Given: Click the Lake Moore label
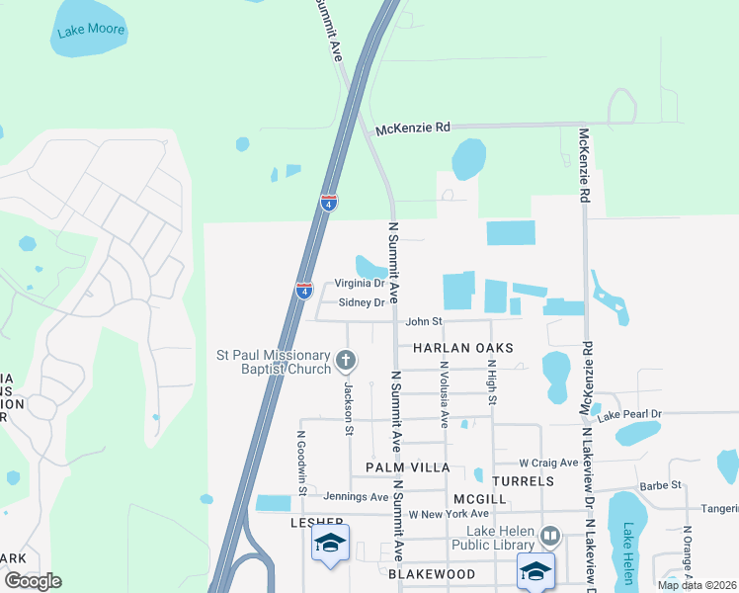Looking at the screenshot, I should (x=91, y=30).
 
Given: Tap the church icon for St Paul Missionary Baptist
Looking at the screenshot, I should (x=345, y=361).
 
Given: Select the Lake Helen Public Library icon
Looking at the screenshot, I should (x=550, y=538).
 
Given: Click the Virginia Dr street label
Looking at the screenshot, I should (x=358, y=284).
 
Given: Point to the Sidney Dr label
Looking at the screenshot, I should (x=361, y=303).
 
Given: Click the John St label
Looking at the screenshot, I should (x=423, y=321).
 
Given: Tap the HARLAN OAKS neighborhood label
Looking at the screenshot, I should (x=463, y=348).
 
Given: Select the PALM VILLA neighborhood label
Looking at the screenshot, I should (x=407, y=466).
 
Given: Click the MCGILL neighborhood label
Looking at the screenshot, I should (x=479, y=499).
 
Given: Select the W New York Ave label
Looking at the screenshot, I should (x=450, y=514).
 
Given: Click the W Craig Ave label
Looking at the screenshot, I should (x=548, y=463).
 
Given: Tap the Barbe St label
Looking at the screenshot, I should (x=661, y=485).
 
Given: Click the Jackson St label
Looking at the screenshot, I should (x=348, y=409).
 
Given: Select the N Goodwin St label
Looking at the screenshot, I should (x=302, y=460).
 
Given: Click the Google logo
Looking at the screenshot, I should (x=33, y=580).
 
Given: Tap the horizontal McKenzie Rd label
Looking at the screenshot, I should (x=413, y=127).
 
